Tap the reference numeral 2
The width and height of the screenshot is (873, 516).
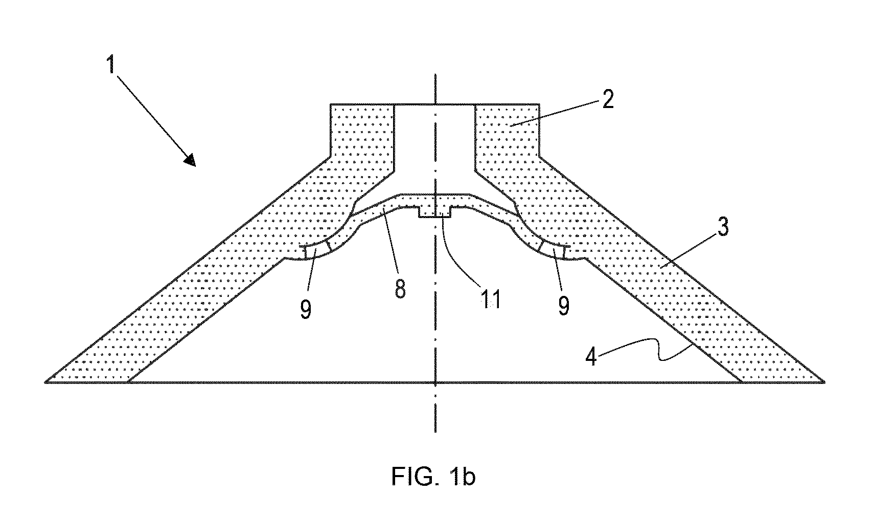pyautogui.click(x=608, y=99)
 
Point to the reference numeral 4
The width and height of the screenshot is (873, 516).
pyautogui.click(x=591, y=356)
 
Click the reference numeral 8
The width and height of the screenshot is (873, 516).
pyautogui.click(x=400, y=288)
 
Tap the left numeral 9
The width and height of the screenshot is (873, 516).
pyautogui.click(x=306, y=310)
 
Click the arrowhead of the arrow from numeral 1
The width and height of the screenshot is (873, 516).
pyautogui.click(x=191, y=160)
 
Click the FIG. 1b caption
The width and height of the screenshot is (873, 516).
pyautogui.click(x=433, y=476)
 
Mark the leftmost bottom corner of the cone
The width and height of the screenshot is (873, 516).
pyautogui.click(x=45, y=382)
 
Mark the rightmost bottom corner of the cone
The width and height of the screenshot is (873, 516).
pyautogui.click(x=824, y=382)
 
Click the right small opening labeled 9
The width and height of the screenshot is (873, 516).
pyautogui.click(x=553, y=250)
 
